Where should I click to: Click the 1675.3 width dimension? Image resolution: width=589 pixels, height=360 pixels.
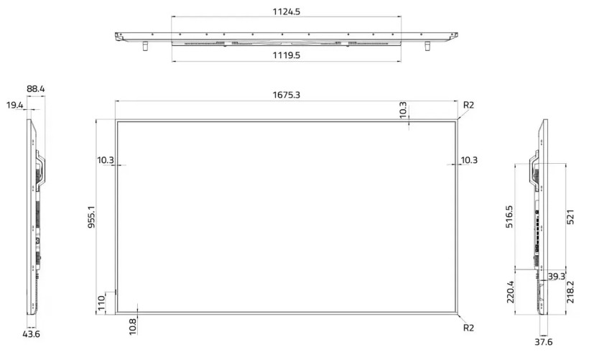pyautogui.click(x=286, y=94)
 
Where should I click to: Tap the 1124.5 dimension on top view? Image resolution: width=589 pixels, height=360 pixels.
pyautogui.click(x=286, y=11)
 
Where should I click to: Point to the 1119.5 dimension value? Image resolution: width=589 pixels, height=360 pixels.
pyautogui.click(x=286, y=55)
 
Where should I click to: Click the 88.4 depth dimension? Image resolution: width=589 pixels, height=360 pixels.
pyautogui.click(x=35, y=89)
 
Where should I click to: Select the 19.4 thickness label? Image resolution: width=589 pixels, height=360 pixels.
pyautogui.click(x=14, y=106)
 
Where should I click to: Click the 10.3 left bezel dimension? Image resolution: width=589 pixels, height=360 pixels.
pyautogui.click(x=106, y=160)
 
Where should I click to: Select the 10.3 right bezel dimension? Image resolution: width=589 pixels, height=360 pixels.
pyautogui.click(x=468, y=160)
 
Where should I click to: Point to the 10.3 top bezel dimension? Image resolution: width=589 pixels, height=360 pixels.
pyautogui.click(x=403, y=110)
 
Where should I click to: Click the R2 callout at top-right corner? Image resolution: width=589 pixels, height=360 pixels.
pyautogui.click(x=468, y=105)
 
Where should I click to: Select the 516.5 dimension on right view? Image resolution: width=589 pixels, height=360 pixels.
pyautogui.click(x=509, y=217)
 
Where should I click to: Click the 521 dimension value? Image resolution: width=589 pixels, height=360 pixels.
pyautogui.click(x=570, y=217)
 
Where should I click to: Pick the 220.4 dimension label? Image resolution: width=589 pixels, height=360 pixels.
pyautogui.click(x=509, y=292)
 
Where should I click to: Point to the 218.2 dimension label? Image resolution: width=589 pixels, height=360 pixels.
pyautogui.click(x=570, y=292)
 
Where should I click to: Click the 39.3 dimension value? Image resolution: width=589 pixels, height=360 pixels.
pyautogui.click(x=555, y=276)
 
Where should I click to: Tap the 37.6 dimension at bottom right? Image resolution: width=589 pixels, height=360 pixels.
pyautogui.click(x=545, y=342)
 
